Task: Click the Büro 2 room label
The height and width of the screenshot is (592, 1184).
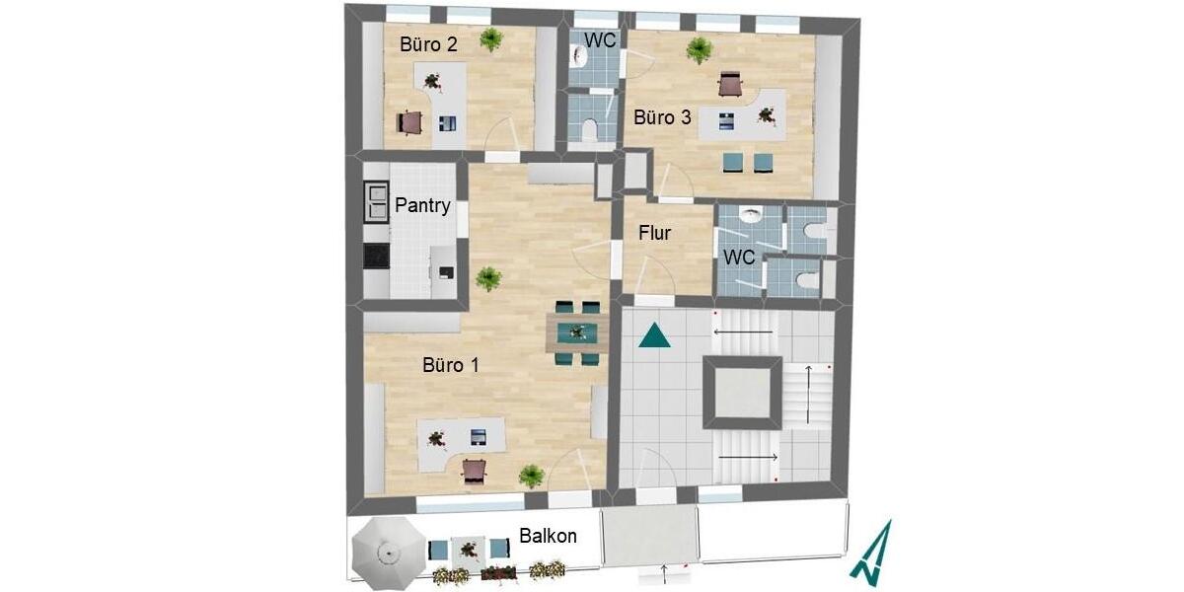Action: (428, 44)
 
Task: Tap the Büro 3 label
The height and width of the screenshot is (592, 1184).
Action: (662, 117)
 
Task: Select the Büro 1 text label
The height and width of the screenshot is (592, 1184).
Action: (451, 365)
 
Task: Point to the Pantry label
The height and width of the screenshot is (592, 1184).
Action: (423, 205)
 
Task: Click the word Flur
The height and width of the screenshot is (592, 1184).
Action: (655, 233)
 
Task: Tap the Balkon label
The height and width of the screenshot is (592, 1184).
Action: (549, 536)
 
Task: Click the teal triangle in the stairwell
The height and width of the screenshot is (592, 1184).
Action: (654, 335)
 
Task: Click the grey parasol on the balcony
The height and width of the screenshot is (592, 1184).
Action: (389, 554)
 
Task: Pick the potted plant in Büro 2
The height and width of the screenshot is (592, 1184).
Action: (491, 39)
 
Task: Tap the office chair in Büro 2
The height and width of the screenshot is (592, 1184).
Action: (409, 122)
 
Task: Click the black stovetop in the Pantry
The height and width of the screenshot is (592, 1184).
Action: (377, 256)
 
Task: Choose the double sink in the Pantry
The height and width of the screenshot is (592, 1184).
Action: (376, 202)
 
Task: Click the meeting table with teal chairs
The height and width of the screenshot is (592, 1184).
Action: (577, 333)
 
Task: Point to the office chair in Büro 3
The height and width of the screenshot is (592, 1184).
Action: (731, 85)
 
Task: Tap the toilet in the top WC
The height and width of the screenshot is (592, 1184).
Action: (589, 129)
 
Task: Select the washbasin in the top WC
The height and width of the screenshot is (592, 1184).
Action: (579, 55)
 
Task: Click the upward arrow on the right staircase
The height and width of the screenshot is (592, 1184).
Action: (809, 395)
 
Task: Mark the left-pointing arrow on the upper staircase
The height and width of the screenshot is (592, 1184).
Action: (743, 333)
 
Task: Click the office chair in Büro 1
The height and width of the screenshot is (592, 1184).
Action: (475, 472)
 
